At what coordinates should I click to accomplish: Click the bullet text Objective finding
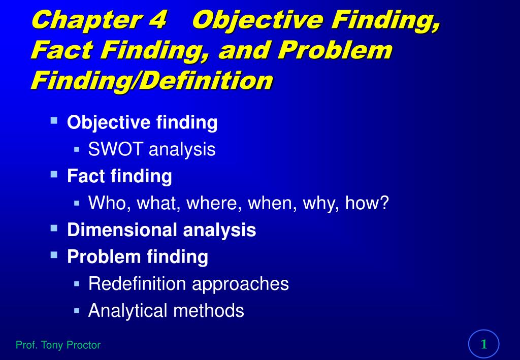[x=142, y=122]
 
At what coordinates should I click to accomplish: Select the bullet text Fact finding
[x=119, y=176]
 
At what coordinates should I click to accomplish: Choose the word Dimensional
[x=122, y=230]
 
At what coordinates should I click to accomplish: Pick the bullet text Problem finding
[x=138, y=257]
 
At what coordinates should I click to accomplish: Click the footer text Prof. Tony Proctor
[x=58, y=345]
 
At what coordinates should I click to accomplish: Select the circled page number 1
[x=484, y=344]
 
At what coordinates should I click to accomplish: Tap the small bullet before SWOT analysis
[x=77, y=149]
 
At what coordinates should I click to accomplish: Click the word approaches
[x=240, y=283]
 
